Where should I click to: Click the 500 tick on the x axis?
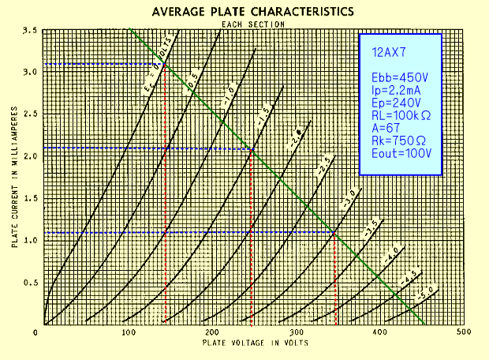462,333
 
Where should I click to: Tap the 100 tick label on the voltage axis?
129,333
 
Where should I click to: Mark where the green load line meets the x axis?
423,324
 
